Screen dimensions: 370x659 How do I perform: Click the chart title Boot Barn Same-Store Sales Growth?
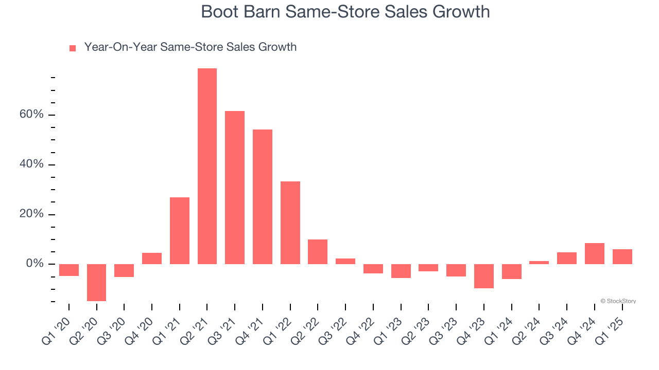click(x=345, y=11)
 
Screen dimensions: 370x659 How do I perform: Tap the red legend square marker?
click(x=73, y=48)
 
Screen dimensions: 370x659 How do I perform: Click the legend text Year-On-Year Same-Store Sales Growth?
click(x=190, y=47)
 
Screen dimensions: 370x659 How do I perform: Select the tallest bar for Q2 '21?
click(x=207, y=166)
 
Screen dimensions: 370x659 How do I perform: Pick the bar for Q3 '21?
click(x=235, y=188)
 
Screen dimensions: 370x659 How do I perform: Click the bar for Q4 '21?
click(x=263, y=197)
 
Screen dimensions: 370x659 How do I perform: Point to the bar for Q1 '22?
click(x=290, y=223)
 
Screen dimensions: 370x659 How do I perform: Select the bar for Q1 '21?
click(x=180, y=231)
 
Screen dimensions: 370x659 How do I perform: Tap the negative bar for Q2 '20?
click(x=96, y=282)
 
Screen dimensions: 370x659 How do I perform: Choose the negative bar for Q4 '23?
click(x=484, y=276)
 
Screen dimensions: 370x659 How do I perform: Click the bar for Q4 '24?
click(x=595, y=253)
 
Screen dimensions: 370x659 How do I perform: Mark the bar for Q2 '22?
click(x=318, y=252)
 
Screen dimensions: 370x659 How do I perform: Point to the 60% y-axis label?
click(x=31, y=115)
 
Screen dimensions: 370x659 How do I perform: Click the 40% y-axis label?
click(x=31, y=164)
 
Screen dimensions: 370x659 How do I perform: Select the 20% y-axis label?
click(x=31, y=214)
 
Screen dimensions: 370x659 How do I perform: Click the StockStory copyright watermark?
click(x=618, y=301)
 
